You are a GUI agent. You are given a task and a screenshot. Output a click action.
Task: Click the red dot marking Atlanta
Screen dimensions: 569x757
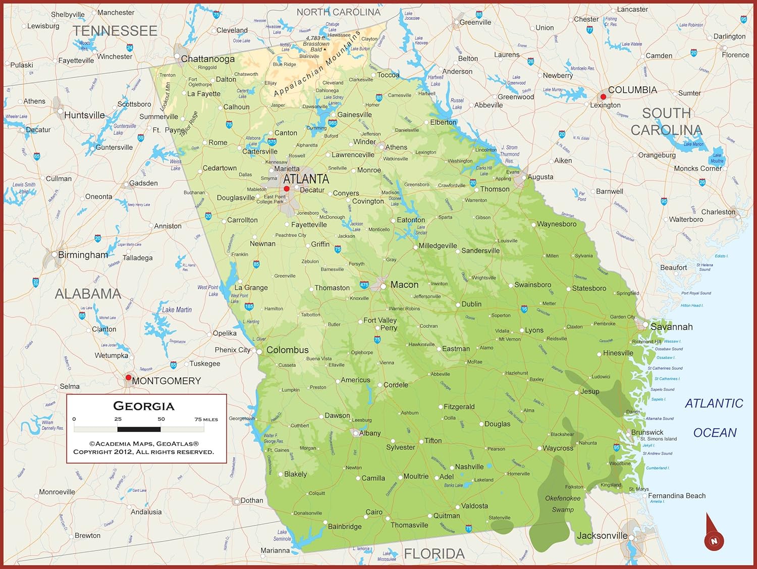287,189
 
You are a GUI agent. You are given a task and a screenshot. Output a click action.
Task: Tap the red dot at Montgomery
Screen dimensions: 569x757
129,378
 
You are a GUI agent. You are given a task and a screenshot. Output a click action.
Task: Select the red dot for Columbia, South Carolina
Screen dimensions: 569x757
603,96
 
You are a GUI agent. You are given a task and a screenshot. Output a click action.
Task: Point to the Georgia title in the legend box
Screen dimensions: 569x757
144,406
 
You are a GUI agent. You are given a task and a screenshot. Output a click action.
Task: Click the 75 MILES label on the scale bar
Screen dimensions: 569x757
206,420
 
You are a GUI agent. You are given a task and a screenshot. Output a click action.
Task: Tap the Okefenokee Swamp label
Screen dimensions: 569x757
563,504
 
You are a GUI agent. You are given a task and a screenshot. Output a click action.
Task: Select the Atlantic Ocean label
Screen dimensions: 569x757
714,418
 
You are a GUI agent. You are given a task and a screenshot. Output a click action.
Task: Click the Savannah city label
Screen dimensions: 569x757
671,327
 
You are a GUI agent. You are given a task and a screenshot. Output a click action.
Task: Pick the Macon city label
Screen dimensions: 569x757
404,285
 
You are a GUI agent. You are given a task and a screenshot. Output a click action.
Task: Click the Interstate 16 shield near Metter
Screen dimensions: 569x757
524,309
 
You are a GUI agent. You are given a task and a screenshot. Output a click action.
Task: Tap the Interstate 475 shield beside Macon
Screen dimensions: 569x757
364,285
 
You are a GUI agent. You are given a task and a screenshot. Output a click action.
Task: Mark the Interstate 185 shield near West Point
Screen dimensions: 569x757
249,306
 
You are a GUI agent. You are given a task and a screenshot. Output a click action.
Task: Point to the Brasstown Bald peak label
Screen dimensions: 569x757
316,44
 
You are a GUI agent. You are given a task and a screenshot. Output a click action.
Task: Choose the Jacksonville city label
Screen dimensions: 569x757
602,536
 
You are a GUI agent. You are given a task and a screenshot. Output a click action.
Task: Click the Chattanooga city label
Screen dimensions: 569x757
208,59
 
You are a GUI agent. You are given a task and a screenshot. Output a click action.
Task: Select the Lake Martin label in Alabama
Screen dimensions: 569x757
177,310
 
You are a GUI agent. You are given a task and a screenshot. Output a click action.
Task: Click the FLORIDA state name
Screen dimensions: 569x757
434,554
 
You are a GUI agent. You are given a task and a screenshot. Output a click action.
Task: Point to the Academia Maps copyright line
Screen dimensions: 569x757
144,444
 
